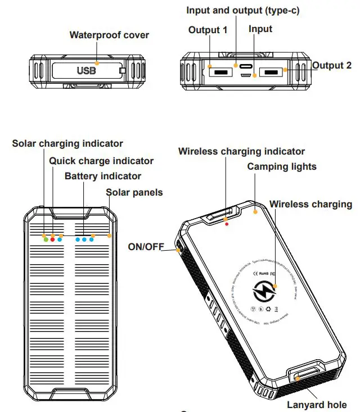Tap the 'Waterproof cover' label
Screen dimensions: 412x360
(109, 35)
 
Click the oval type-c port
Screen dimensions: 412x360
(245, 66)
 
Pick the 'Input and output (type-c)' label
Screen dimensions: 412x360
(243, 11)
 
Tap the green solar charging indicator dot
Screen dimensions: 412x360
(46, 239)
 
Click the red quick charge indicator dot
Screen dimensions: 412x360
(53, 239)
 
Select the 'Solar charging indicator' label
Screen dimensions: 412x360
(67, 144)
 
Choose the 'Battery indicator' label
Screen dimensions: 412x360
(103, 176)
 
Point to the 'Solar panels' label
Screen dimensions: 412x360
(134, 192)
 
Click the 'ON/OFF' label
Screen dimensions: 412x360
(146, 246)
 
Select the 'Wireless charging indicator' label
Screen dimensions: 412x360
(241, 151)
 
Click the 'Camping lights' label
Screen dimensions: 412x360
(282, 166)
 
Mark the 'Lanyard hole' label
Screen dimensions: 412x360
(317, 404)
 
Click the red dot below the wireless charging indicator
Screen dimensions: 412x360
(227, 224)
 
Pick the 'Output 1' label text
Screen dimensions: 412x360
(208, 30)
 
